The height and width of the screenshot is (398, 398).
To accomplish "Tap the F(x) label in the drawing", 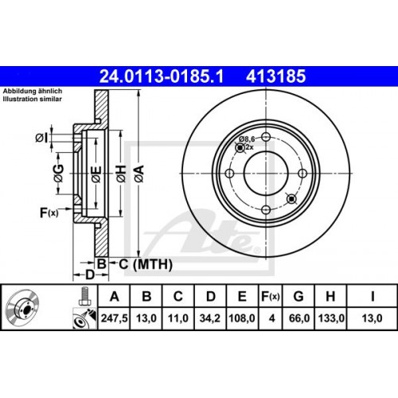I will (49, 212).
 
